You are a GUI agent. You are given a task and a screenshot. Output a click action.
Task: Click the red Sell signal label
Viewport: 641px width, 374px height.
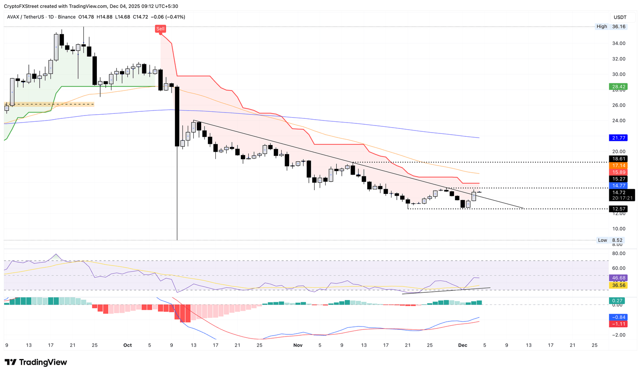click(x=160, y=29)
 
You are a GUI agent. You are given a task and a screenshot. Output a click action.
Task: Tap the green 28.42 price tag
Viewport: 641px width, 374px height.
click(x=618, y=87)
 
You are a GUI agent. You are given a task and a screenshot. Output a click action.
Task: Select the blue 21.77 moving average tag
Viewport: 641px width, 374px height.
click(x=618, y=138)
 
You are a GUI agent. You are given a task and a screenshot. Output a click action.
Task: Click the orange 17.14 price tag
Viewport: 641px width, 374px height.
click(x=618, y=166)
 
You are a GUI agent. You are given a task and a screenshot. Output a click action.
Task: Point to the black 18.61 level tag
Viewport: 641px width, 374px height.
click(x=618, y=159)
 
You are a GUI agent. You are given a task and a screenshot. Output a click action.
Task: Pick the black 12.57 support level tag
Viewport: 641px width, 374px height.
click(x=618, y=208)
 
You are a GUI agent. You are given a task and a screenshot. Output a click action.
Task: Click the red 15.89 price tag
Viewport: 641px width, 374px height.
click(x=618, y=172)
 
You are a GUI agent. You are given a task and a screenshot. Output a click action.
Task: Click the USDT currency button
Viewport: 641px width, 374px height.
click(x=620, y=17)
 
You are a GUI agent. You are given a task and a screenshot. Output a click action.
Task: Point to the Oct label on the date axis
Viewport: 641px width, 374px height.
click(x=128, y=345)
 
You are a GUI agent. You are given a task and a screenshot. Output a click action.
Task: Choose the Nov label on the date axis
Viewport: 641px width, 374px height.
click(x=298, y=345)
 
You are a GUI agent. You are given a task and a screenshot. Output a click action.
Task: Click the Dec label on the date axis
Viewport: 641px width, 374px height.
click(x=462, y=345)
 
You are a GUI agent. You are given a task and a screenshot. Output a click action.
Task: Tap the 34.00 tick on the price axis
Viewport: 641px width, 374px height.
click(x=618, y=43)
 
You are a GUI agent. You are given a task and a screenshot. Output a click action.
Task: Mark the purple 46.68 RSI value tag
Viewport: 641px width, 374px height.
click(x=618, y=278)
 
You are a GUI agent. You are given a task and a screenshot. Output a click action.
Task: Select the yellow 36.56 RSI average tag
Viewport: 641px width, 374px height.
click(x=618, y=285)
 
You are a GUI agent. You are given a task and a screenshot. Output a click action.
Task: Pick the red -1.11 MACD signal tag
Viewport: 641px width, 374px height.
click(x=618, y=324)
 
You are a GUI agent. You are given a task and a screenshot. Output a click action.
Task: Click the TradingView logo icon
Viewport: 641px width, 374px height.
click(x=11, y=362)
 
